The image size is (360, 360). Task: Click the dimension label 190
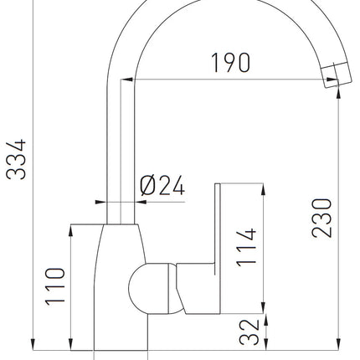click(230, 63)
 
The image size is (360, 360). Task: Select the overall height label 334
click(16, 159)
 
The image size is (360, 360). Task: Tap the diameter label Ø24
click(162, 185)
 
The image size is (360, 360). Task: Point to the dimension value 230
click(321, 218)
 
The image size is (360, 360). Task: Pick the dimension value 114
click(246, 247)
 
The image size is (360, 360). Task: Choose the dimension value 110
click(55, 286)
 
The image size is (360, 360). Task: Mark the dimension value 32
click(249, 332)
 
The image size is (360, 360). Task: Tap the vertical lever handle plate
click(218, 249)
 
